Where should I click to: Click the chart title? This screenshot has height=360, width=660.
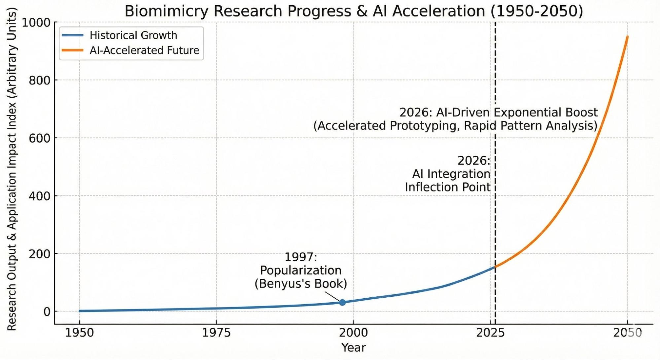(x=354, y=11)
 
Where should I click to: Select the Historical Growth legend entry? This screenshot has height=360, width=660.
(x=133, y=35)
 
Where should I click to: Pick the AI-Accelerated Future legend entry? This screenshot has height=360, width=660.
(x=144, y=50)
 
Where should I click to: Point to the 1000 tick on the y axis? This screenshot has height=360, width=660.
(x=36, y=23)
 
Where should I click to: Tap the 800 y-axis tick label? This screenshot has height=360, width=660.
(x=39, y=81)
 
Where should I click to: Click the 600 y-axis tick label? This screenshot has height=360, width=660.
(x=39, y=138)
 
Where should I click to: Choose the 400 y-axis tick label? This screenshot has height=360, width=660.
(x=39, y=196)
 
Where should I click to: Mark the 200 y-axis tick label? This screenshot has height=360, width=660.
(x=39, y=254)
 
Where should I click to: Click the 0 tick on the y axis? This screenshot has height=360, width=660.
(x=47, y=312)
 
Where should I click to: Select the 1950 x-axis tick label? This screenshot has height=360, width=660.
(x=79, y=333)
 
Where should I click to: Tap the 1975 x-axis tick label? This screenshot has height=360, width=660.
(x=216, y=333)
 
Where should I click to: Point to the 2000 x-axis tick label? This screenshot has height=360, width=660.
(x=353, y=333)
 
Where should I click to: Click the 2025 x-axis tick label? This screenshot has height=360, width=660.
(x=490, y=333)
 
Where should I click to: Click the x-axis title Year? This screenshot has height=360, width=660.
(x=354, y=348)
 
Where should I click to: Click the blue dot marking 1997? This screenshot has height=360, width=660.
(x=342, y=302)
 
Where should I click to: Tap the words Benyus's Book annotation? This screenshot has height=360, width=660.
(x=301, y=284)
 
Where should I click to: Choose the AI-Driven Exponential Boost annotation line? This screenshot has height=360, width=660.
(x=498, y=113)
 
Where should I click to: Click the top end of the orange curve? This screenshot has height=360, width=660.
(x=627, y=37)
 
